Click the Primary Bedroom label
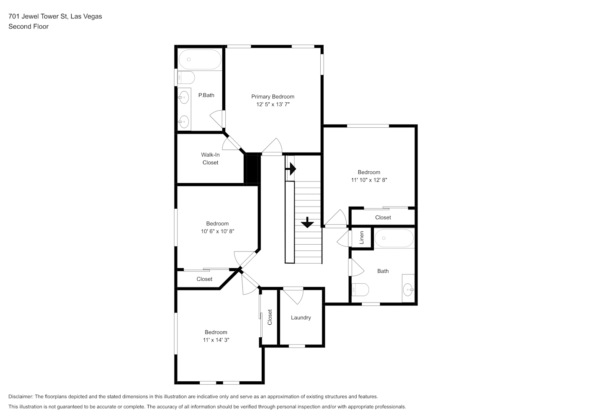pos(273,97)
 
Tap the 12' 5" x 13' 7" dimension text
pos(273,104)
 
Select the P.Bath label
pos(206,95)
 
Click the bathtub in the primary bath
pos(200,59)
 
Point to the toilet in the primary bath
pos(186,78)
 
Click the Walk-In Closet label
pos(210,159)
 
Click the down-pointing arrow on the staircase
pos(307,222)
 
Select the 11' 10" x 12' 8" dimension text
pos(369,180)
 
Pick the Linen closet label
pos(362,238)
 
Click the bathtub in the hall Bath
pos(394,238)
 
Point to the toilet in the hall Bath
pos(360,290)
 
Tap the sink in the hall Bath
pos(408,290)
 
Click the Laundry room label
pos(301,318)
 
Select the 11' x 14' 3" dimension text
pos(216,340)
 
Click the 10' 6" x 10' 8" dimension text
pos(218,231)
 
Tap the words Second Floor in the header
pos(28,26)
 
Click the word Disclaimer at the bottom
pos(21,396)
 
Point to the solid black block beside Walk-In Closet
pos(252,168)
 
